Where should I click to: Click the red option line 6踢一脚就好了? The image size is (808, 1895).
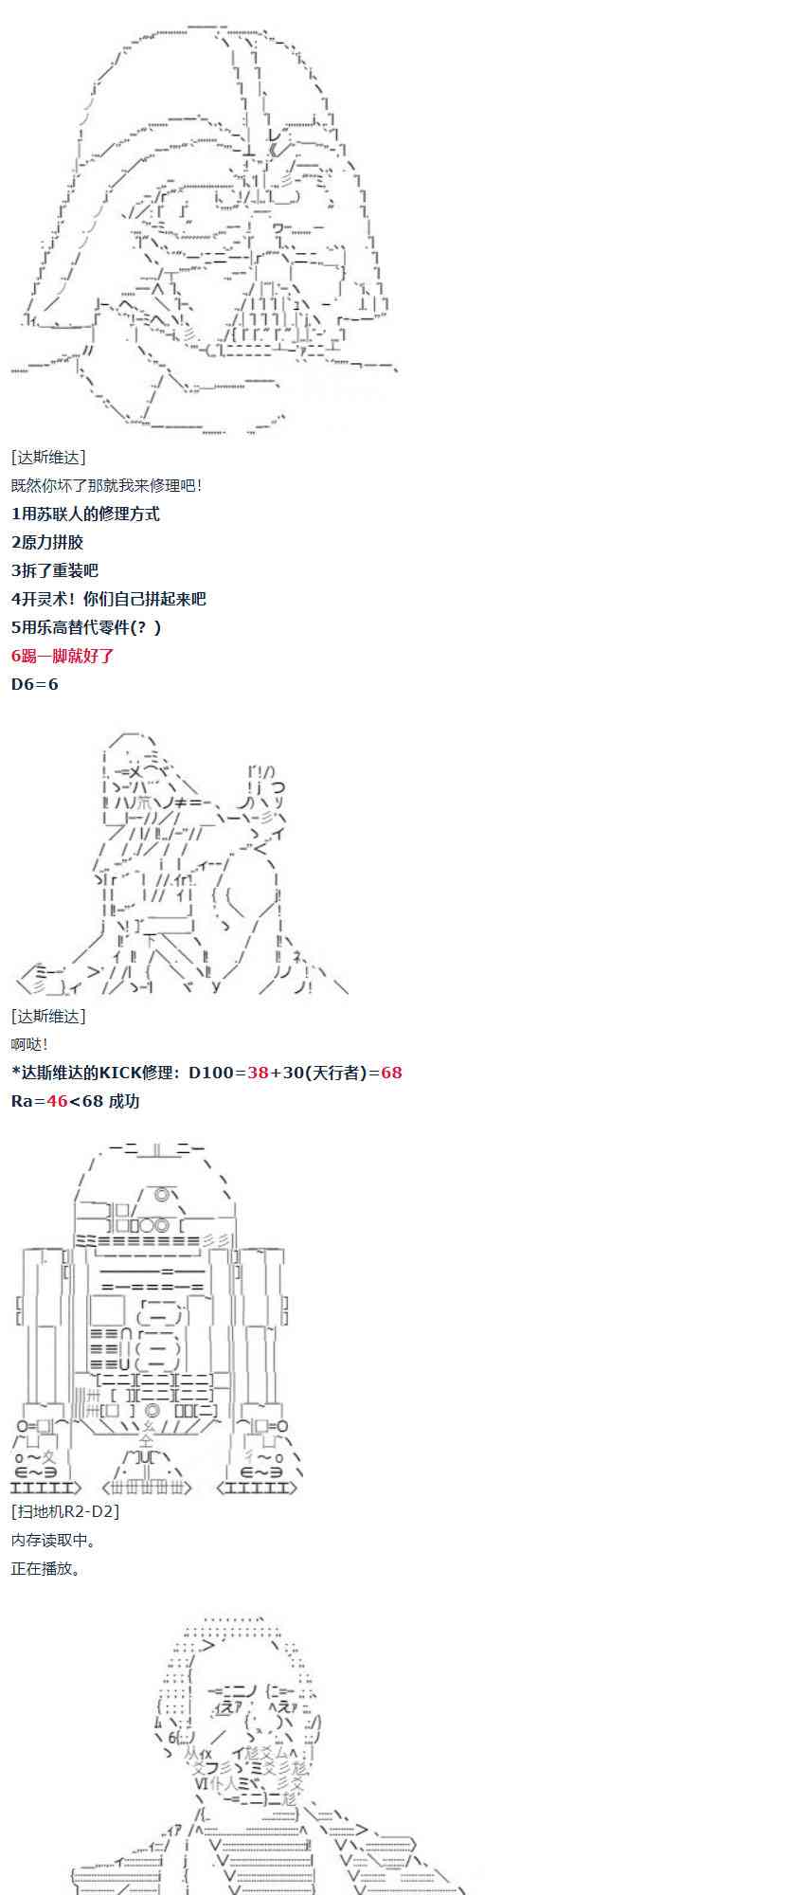63,655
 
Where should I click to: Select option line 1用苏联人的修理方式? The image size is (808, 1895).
85,514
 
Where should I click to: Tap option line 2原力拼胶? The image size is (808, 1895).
47,542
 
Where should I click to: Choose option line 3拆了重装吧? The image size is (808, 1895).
55,570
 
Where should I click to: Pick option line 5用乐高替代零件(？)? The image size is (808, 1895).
86,627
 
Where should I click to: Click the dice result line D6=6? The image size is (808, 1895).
35,684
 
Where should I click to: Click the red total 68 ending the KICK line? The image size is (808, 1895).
391,1073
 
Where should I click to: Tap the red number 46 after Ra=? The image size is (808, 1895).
57,1101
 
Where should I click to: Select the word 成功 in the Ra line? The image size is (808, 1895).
124,1101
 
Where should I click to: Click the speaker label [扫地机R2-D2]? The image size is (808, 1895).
65,1511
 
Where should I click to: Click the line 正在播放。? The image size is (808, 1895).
46,1568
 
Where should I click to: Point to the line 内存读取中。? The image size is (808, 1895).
53,1540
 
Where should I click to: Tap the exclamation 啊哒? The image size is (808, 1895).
29,1044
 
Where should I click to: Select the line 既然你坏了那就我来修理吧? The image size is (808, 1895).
106,485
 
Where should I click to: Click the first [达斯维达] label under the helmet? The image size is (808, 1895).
48,457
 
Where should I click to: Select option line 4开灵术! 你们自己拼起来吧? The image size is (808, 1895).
109,599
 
